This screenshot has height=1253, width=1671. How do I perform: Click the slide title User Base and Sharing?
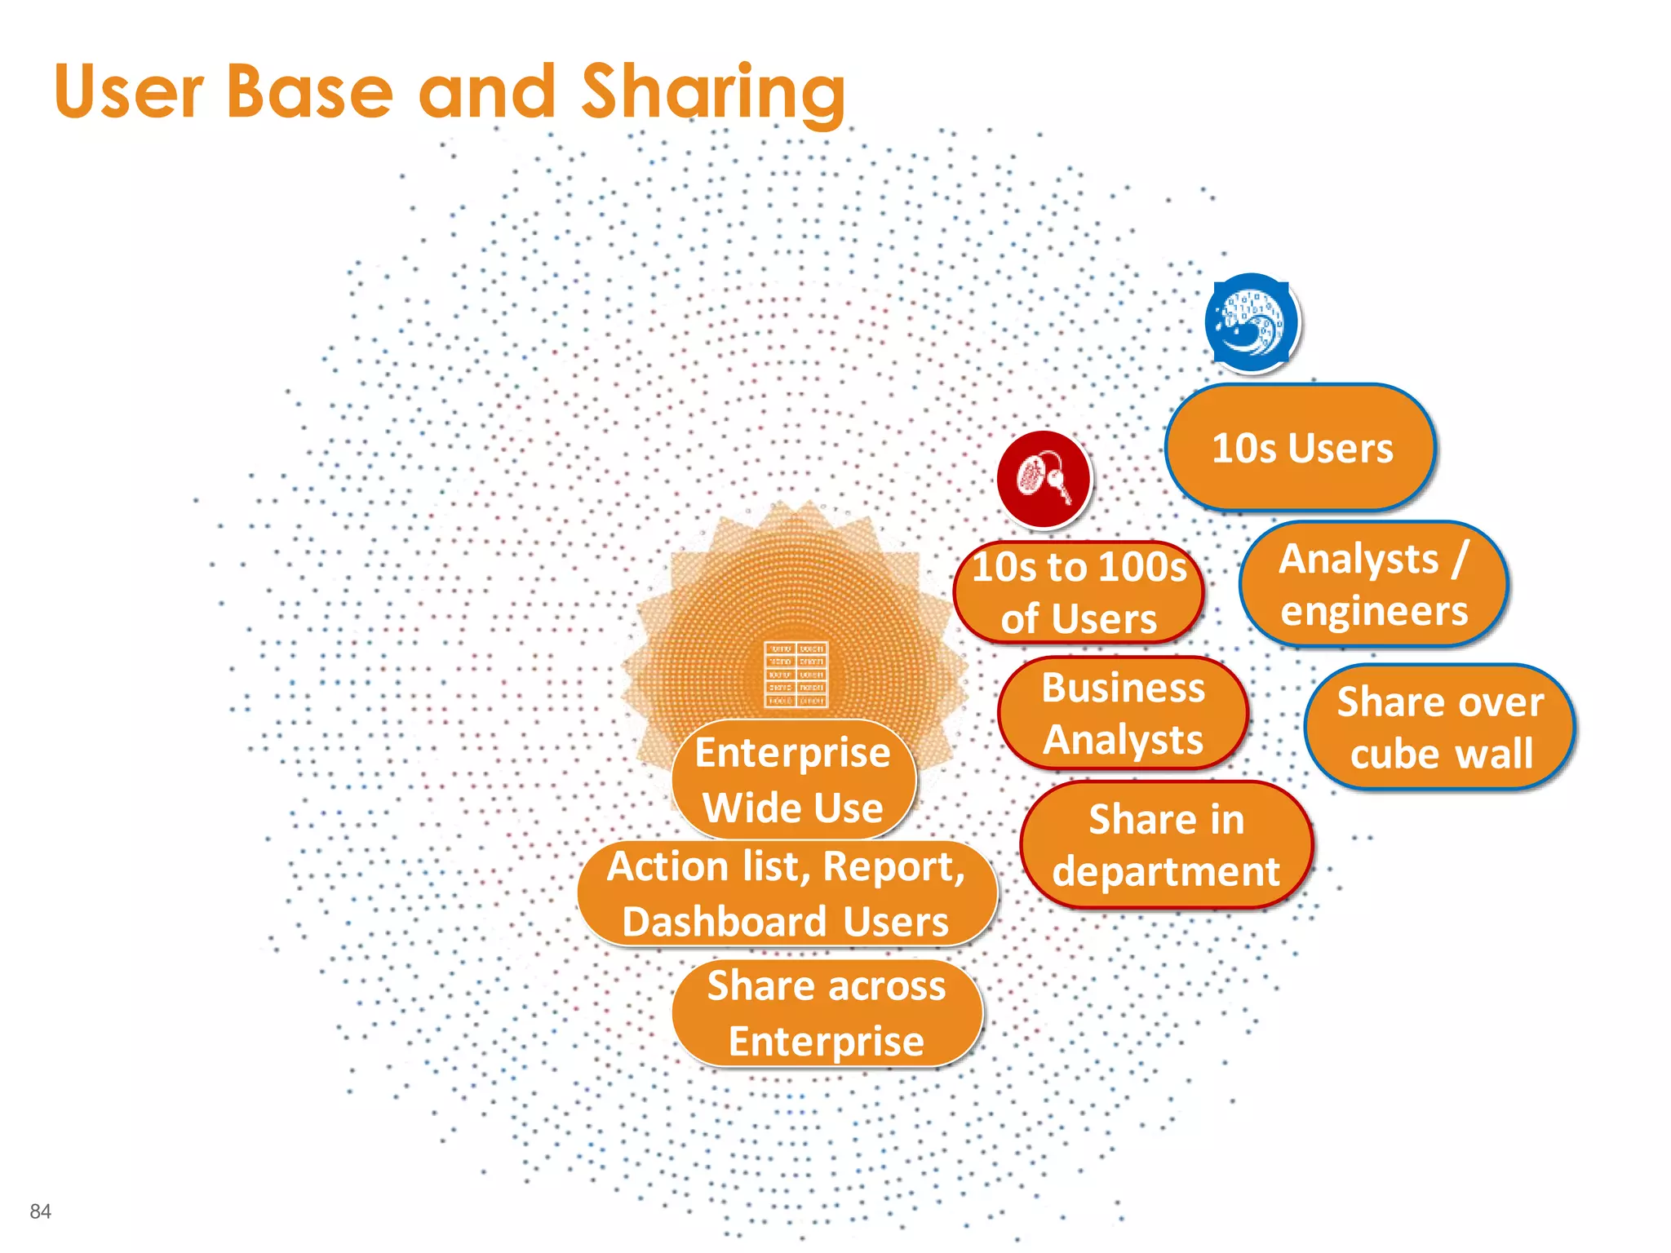click(x=449, y=91)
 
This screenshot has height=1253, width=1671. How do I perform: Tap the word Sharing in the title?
click(x=713, y=93)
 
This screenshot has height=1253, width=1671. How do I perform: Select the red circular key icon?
click(x=1043, y=479)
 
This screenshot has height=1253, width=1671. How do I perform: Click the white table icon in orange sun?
click(x=796, y=674)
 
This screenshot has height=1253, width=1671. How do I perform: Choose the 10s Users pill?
click(x=1301, y=448)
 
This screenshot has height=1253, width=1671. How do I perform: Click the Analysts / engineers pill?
click(x=1373, y=585)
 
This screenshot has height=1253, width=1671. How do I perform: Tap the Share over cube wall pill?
click(x=1440, y=727)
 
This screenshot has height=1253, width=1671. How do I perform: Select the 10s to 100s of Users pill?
click(x=1079, y=592)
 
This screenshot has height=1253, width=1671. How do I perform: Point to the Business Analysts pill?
click(x=1123, y=714)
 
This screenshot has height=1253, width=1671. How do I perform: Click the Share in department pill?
click(x=1166, y=845)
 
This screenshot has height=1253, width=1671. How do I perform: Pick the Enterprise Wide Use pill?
click(x=793, y=779)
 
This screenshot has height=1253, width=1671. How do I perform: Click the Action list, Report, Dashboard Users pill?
click(x=786, y=893)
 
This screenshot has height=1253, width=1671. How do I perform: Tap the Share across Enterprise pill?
click(x=827, y=1013)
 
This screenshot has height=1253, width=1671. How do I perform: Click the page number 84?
click(x=40, y=1211)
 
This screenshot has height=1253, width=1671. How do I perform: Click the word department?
click(x=1166, y=872)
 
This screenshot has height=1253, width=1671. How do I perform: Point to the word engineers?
click(x=1374, y=611)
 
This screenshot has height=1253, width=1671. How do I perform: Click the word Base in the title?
click(x=310, y=91)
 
